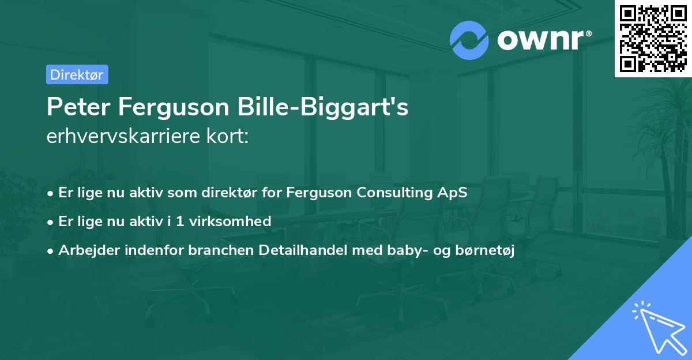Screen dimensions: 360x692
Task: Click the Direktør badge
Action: (x=77, y=74)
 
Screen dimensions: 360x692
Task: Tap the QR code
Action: (x=653, y=38)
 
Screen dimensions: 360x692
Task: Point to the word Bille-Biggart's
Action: (x=340, y=108)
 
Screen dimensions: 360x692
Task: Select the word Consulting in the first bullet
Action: (x=392, y=193)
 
